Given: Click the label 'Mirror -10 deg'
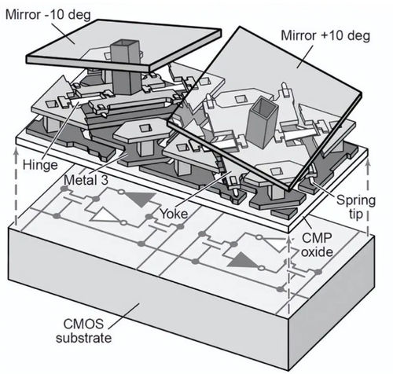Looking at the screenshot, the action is point(48,15).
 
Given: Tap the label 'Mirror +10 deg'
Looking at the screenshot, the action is point(325,35).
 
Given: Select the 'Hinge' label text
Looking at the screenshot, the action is point(40,165).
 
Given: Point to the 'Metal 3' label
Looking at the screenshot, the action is point(86,180).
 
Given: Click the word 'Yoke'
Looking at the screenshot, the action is point(174,214).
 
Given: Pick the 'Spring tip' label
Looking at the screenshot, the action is point(356,207).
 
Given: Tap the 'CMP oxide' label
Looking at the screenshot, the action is point(317,245).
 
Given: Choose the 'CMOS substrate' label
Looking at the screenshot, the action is point(83,331).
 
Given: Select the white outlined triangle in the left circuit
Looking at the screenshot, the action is point(105,215).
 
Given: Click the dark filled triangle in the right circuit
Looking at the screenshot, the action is point(243,260).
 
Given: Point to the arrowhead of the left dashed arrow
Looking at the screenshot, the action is point(17,152).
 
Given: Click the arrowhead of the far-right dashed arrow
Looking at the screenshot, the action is point(368,164).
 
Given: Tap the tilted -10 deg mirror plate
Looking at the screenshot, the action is point(123,46).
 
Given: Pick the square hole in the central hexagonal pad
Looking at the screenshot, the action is point(145,128).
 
